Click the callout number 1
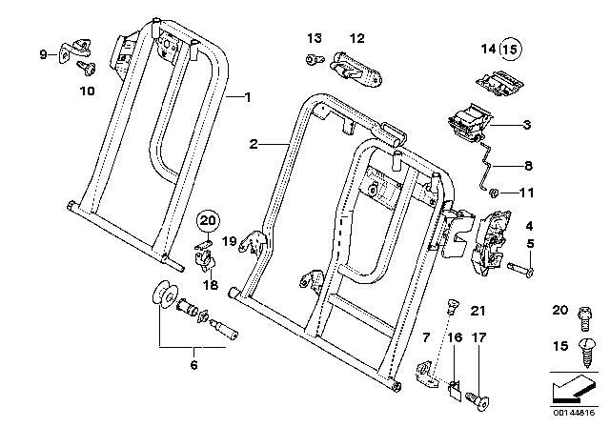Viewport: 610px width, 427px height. pyautogui.click(x=247, y=97)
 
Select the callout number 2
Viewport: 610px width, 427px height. pyautogui.click(x=254, y=144)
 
